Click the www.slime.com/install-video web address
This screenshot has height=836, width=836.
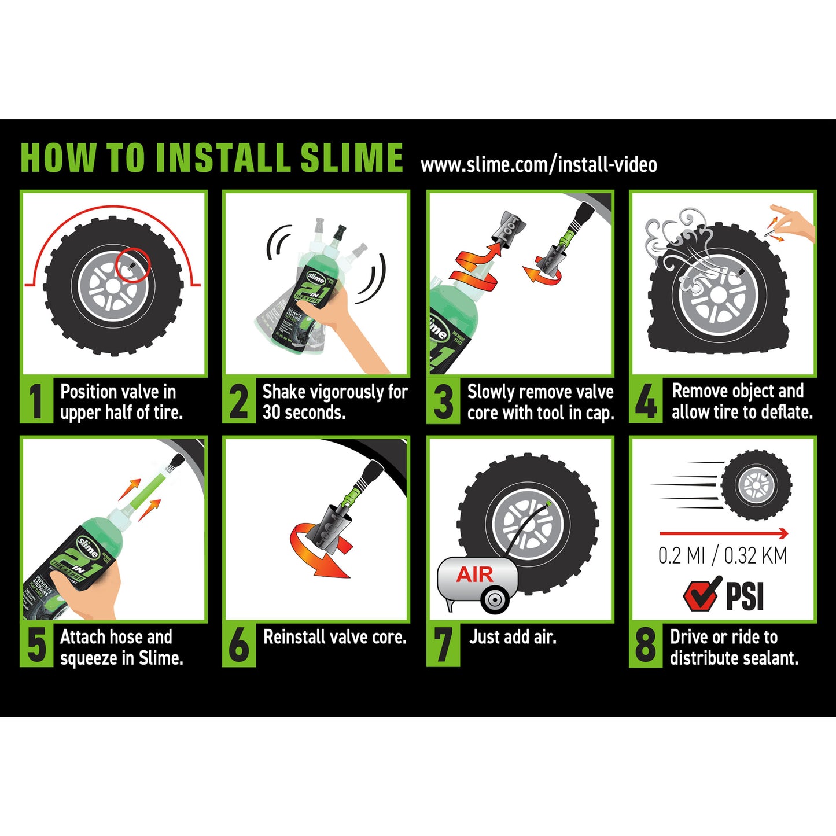point(539,165)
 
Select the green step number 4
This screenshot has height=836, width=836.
point(646,401)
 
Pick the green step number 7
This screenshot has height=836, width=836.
point(443,645)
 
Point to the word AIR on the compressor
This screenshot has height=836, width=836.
point(474,574)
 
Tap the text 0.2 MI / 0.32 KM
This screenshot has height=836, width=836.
point(723,555)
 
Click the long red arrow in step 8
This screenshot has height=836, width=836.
point(724,533)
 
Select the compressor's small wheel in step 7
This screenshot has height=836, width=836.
point(495,600)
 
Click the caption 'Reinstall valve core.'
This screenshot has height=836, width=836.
point(334,637)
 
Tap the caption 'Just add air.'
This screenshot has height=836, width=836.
point(513,637)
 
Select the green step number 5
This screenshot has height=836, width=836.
point(36,645)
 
